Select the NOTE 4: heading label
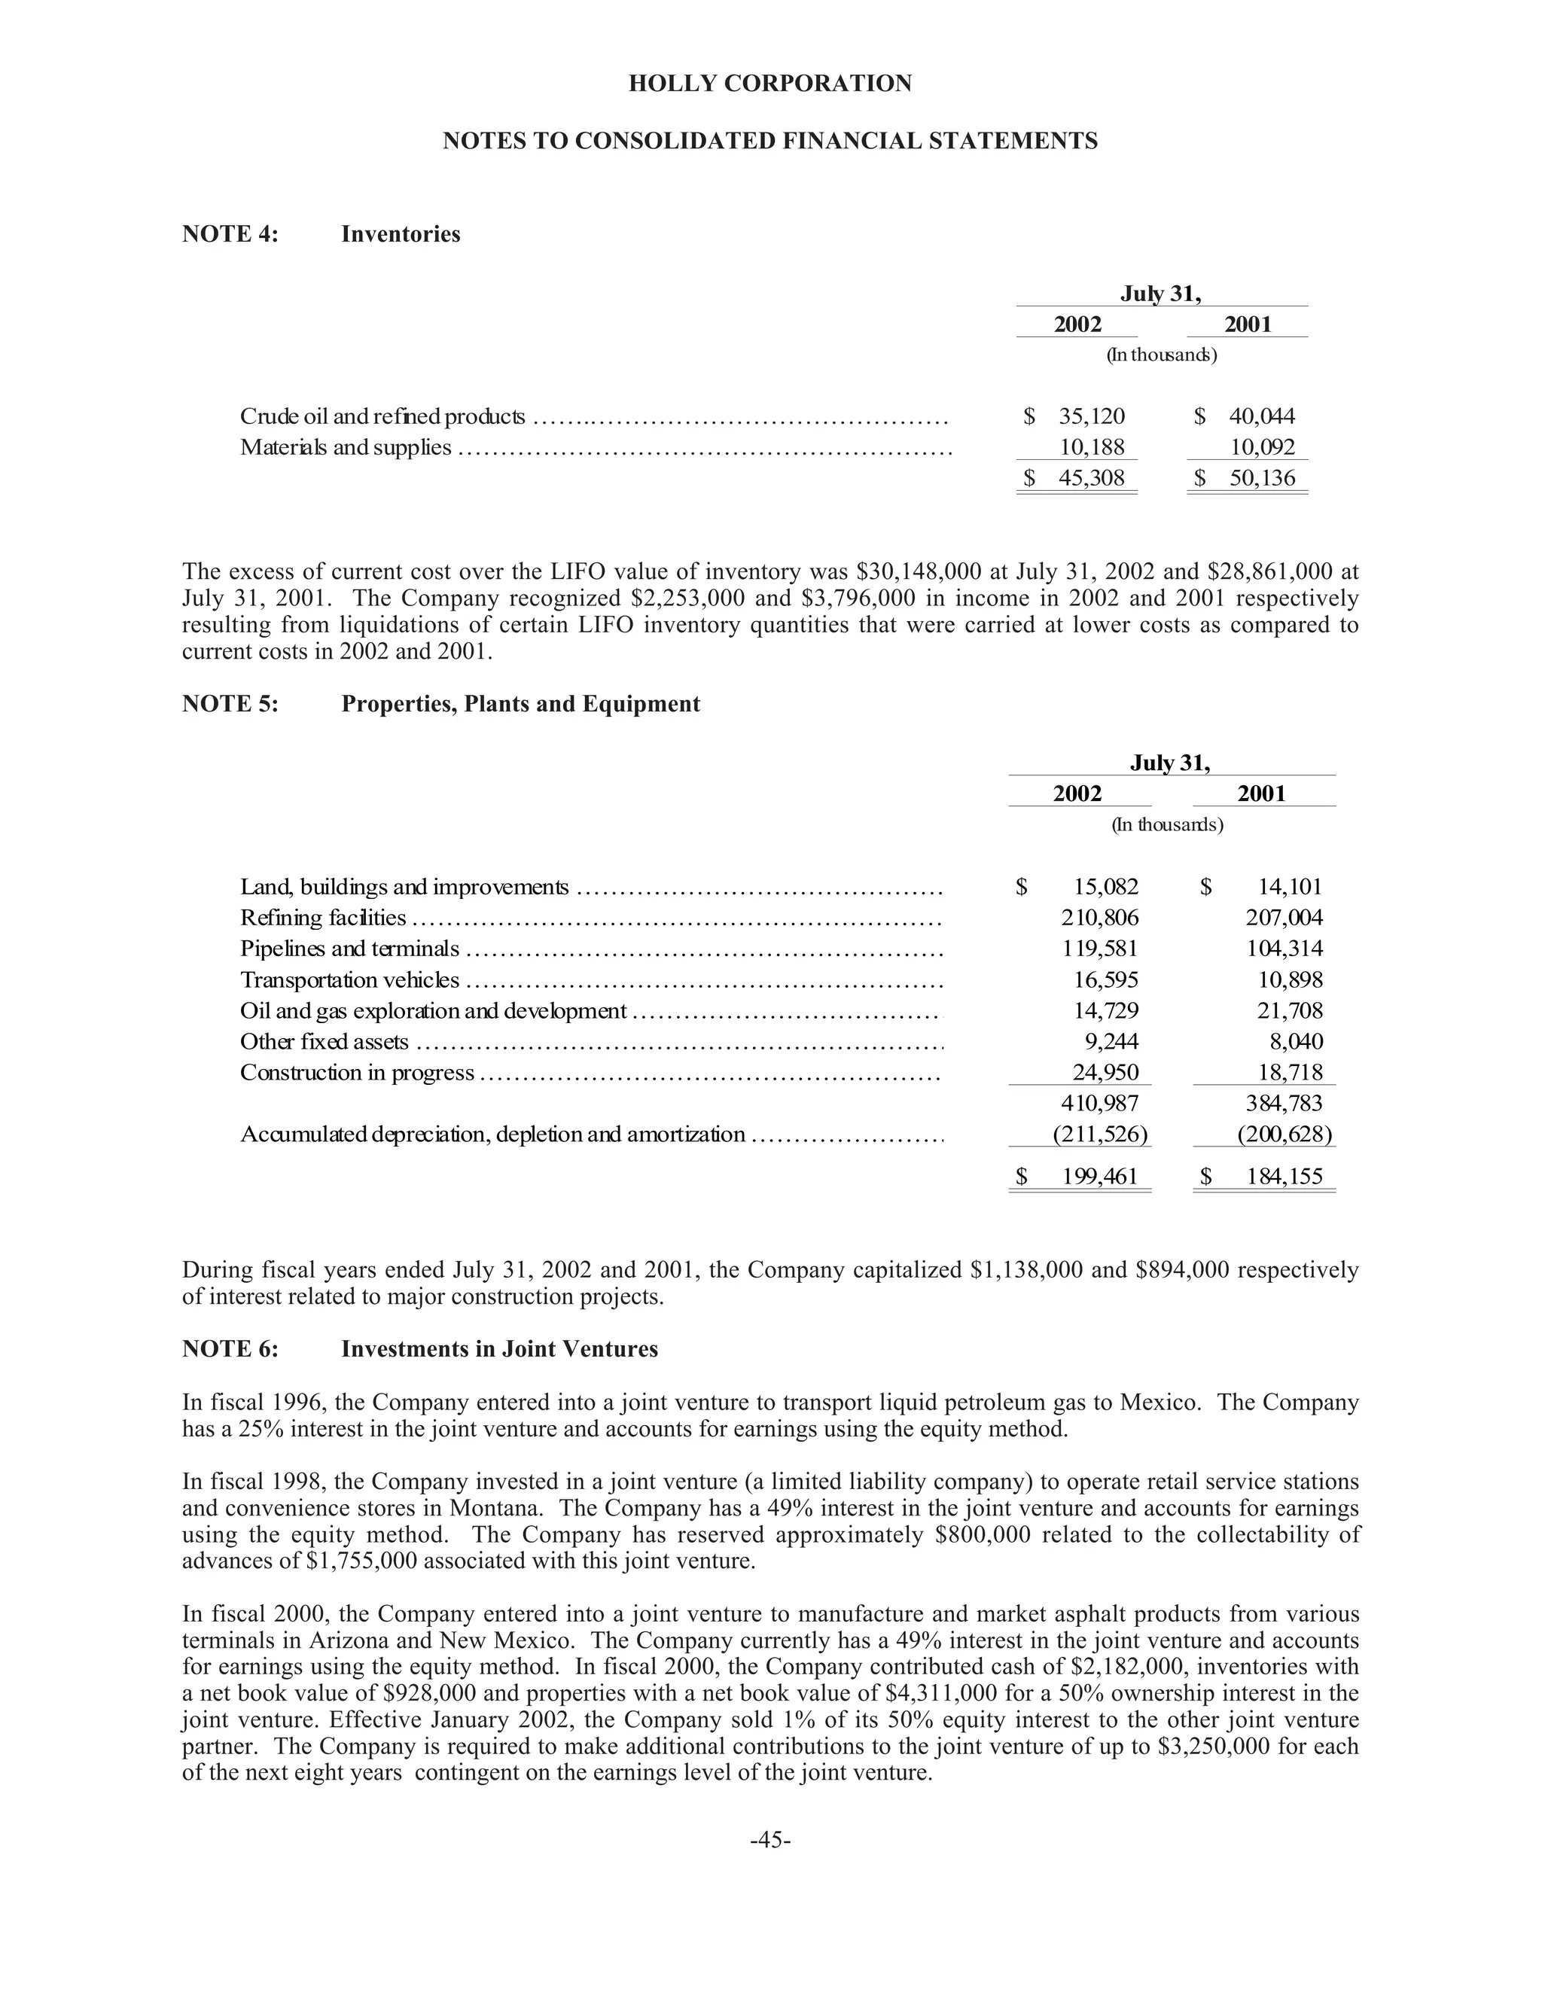tap(230, 234)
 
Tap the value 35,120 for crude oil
tap(1092, 416)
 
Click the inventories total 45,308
tap(1092, 478)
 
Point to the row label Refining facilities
tap(322, 917)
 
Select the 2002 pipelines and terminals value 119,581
tap(1100, 948)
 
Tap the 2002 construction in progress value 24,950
tap(1105, 1072)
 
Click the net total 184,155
tap(1284, 1177)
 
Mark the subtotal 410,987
tap(1100, 1104)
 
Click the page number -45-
tap(770, 1839)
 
